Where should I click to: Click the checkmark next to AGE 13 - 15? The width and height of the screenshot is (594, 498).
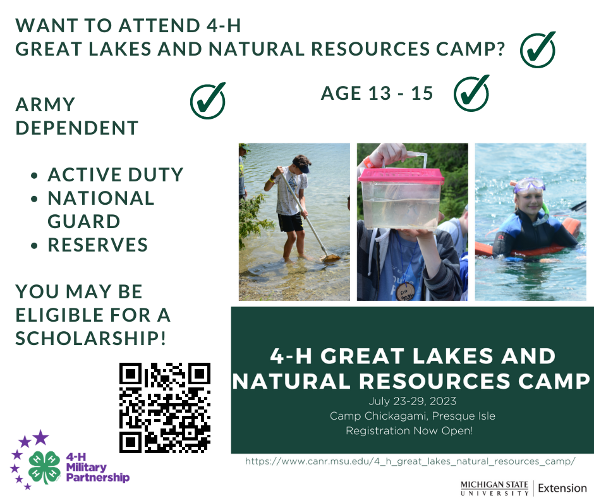coord(471,94)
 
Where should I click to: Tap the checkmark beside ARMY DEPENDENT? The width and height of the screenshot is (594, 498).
coord(208,101)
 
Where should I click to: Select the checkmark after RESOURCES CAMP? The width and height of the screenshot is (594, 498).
coord(538,50)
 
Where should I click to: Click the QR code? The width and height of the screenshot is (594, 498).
coord(165,408)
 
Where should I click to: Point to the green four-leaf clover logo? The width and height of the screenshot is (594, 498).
coord(44,467)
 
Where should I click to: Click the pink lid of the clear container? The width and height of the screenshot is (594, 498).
coord(401,176)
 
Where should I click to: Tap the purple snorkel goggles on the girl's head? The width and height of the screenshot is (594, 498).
coord(529,185)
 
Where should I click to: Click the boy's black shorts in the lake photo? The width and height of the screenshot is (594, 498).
coord(291,222)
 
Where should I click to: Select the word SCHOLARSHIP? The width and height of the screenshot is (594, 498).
coord(90,338)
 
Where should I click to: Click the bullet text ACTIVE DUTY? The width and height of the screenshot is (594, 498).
coord(115,174)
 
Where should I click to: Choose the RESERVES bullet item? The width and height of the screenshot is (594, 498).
coord(98,245)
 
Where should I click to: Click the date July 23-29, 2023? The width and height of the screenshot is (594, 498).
coord(412,401)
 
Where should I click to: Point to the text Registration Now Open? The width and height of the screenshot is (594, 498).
coord(409,431)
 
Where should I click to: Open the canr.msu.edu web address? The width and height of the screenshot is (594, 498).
coord(410,461)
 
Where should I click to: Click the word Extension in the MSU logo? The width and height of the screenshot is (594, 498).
coord(562,488)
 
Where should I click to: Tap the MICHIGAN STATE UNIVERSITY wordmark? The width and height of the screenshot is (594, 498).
coord(494,488)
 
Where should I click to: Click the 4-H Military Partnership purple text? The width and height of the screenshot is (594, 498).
coord(98,467)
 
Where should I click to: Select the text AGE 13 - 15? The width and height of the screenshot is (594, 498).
coord(377,94)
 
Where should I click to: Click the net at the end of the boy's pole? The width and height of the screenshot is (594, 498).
coord(330,258)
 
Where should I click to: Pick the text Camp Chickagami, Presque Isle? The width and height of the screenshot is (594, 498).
coord(412,416)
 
